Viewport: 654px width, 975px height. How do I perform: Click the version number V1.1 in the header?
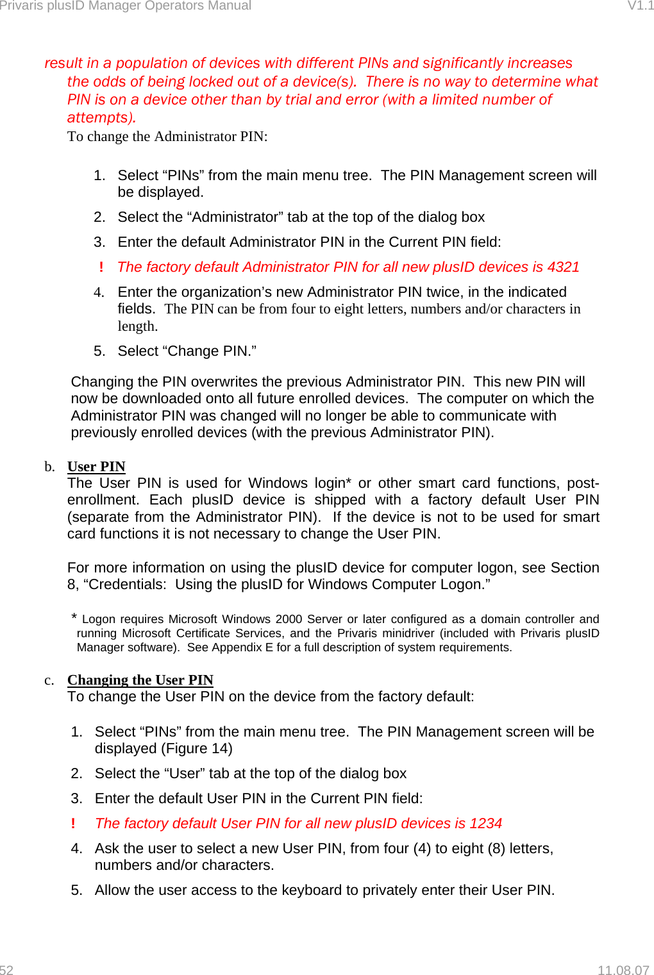coord(640,6)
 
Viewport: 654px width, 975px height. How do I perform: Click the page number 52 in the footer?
coord(6,970)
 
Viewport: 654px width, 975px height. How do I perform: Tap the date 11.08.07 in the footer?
coord(623,970)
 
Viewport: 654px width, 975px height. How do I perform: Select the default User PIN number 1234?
coord(485,824)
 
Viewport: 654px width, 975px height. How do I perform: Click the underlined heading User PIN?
coord(96,467)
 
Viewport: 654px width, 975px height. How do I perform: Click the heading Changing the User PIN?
coord(140,680)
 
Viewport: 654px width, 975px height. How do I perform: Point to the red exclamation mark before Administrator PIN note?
coord(101,267)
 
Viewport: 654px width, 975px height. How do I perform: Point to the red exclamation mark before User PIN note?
coord(73,824)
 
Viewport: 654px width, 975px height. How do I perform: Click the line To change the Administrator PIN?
coord(167,137)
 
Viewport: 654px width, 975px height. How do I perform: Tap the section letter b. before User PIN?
coord(49,467)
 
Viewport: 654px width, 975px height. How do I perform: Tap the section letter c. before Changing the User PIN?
coord(49,680)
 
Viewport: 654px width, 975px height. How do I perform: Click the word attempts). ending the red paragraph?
coord(101,118)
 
